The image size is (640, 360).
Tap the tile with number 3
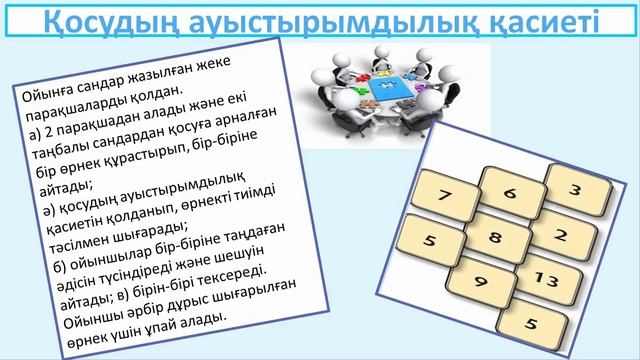pyautogui.click(x=576, y=187)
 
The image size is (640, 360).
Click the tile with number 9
pyautogui.click(x=482, y=283)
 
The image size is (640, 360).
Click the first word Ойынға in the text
pyautogui.click(x=46, y=95)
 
